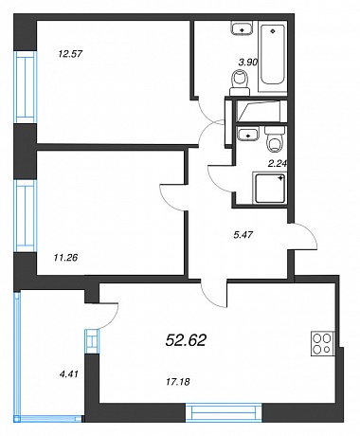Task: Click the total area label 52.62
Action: (186, 340)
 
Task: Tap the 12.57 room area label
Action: (70, 54)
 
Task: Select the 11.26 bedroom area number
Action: (65, 258)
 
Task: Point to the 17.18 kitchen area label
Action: (178, 382)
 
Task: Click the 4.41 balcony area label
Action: (68, 374)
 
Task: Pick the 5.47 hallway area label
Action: (243, 235)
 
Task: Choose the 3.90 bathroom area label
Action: (248, 63)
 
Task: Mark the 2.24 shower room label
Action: (277, 163)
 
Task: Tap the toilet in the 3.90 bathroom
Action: (240, 82)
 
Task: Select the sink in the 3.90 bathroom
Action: (242, 28)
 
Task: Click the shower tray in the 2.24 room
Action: (270, 188)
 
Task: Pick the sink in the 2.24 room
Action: (248, 133)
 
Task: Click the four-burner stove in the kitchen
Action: (322, 343)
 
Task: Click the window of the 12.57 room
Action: (26, 87)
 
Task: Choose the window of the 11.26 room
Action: (26, 216)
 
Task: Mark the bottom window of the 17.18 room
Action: (224, 412)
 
